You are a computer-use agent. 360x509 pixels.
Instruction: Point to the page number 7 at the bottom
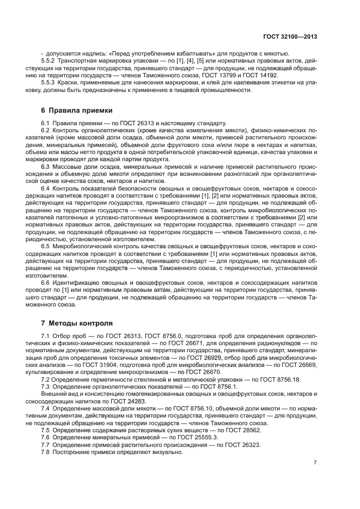coord(315,463)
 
